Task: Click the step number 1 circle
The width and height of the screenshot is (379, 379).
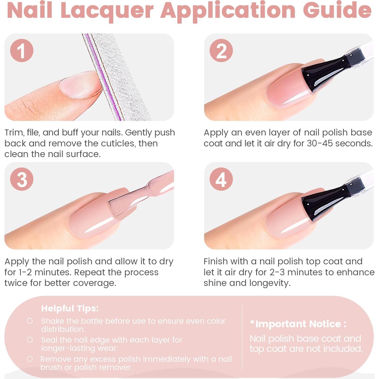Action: pos(22,50)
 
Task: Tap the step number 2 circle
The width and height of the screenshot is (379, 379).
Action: pos(221,50)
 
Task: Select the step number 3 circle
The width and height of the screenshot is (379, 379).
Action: pos(22,179)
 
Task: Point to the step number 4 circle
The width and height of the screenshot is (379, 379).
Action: pos(221,179)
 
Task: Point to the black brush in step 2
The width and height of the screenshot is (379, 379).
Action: pos(323,73)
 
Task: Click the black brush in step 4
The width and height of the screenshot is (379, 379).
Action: pos(323,202)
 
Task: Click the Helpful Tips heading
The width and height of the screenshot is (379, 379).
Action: pos(70,308)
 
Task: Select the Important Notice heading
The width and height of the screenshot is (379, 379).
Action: pos(298,324)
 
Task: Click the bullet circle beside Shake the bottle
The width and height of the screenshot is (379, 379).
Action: pos(30,321)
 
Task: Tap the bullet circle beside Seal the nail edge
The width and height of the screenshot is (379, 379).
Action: pos(30,340)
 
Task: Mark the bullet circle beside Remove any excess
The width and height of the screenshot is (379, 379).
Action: pos(30,359)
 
